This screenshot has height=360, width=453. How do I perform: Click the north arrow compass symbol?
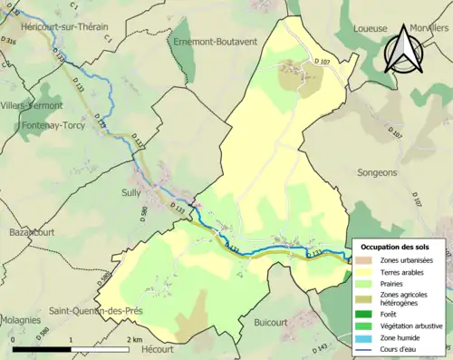tap(405, 49)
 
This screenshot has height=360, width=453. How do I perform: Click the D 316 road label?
tap(10, 41)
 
